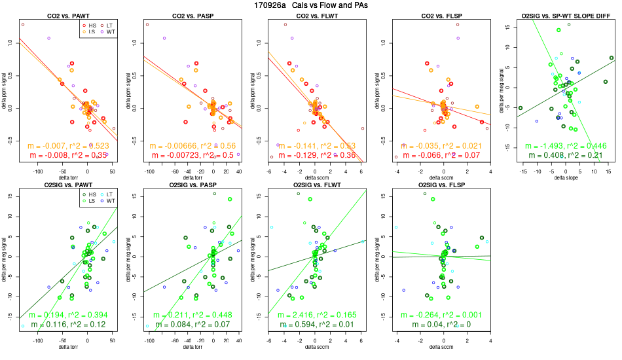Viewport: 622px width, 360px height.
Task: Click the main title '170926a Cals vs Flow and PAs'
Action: tap(311, 5)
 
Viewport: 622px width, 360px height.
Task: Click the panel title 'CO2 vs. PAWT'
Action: tap(67, 15)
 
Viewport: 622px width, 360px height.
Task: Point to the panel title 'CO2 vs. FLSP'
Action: tap(441, 15)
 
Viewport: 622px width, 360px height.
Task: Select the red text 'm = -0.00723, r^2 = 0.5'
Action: tap(192, 154)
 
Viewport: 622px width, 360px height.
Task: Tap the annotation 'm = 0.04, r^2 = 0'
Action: tap(441, 325)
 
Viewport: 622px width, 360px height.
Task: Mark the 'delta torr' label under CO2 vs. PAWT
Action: tap(67, 178)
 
